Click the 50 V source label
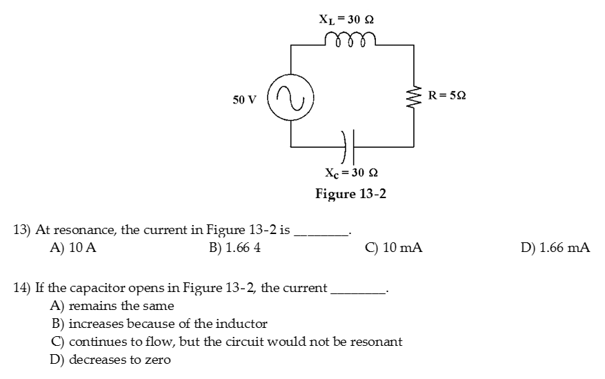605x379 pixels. pos(244,99)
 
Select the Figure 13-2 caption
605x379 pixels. pos(350,193)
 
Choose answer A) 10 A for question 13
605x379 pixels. pos(73,247)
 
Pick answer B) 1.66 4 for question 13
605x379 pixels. pos(234,247)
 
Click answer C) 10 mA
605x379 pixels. pos(393,247)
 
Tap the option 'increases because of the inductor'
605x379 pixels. pos(159,324)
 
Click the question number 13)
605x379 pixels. pos(23,230)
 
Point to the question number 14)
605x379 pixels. pos(23,288)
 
